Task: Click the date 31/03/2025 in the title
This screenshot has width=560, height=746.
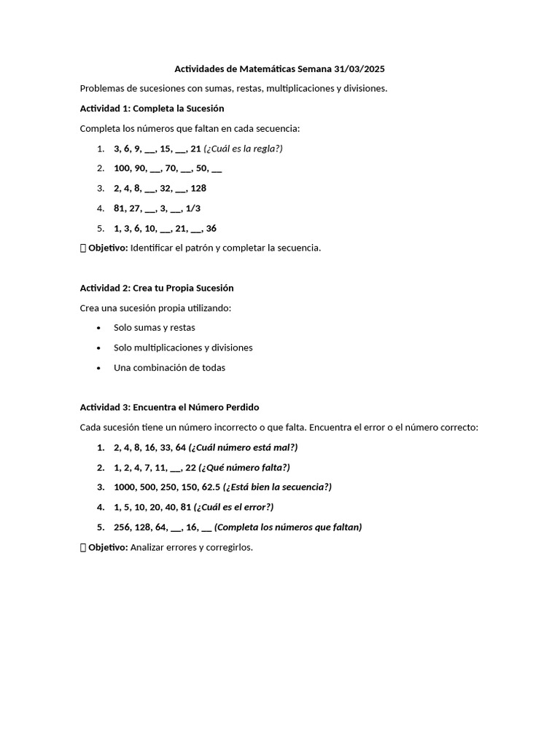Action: point(359,69)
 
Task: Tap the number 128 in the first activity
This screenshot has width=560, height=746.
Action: point(198,188)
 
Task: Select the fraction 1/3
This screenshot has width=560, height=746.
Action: point(193,208)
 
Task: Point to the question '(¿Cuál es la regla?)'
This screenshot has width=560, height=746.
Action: point(243,149)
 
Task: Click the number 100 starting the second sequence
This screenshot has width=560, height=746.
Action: point(122,168)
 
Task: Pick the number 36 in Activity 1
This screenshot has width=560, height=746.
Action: point(211,228)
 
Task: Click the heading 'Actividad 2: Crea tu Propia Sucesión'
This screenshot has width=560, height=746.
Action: point(156,288)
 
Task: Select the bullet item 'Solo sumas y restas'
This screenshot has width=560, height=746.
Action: point(154,328)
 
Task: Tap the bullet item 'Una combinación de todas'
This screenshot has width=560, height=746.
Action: point(169,368)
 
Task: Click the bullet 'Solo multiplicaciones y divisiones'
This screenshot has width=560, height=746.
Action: point(183,348)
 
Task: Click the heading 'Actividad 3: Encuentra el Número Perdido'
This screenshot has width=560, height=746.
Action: point(169,407)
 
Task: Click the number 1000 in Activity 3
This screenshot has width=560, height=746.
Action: point(125,487)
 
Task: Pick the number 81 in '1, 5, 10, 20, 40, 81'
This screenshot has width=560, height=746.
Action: point(186,507)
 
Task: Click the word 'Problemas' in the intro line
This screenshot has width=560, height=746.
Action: point(101,89)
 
